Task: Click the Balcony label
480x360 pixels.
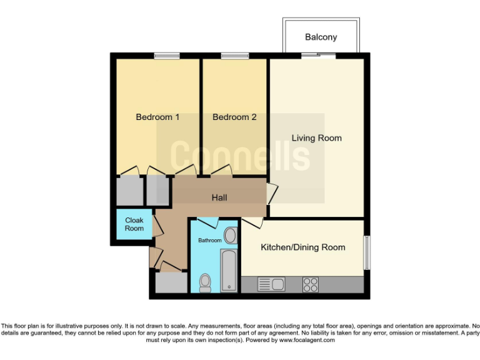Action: click(321, 37)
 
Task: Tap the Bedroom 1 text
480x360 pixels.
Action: click(157, 117)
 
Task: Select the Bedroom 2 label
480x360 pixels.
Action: click(234, 117)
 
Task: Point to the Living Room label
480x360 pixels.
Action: click(316, 137)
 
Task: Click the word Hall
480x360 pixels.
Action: click(219, 197)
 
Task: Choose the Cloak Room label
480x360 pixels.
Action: click(134, 224)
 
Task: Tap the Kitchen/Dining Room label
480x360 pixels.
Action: click(302, 247)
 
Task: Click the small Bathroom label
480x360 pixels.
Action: click(210, 240)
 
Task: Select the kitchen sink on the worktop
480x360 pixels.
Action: click(271, 284)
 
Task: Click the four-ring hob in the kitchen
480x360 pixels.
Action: click(310, 284)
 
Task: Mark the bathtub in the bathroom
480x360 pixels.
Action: click(229, 270)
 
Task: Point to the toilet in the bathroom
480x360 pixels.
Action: click(205, 283)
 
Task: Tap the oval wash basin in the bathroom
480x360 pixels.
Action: click(230, 236)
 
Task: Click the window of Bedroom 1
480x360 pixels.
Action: click(167, 56)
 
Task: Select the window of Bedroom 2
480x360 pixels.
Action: click(234, 56)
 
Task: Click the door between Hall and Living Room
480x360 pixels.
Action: click(271, 194)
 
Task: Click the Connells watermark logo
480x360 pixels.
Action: click(240, 156)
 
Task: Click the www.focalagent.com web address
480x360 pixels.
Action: click(307, 341)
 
